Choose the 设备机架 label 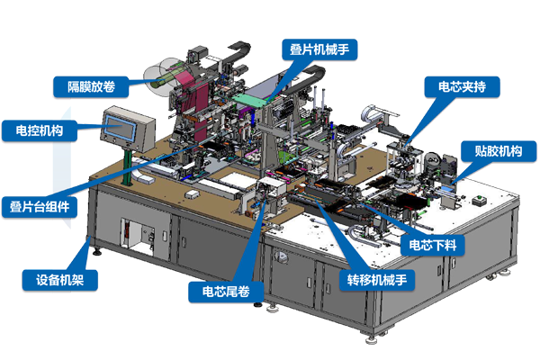pos(54,279)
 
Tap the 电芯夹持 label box pos(463,87)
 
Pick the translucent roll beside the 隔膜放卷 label pos(161,72)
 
